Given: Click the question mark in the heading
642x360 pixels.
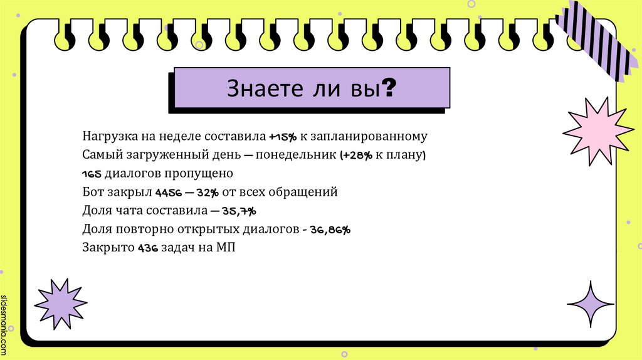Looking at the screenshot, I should coord(389,88).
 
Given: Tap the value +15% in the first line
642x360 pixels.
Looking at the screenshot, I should coord(283,136).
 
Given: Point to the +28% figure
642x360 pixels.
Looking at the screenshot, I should coord(358,155).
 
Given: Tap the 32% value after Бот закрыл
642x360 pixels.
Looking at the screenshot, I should coord(207,193).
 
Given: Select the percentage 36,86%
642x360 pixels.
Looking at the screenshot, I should coord(330,230).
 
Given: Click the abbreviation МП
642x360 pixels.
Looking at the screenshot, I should coord(225,247).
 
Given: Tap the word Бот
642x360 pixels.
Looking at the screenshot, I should coord(92,192).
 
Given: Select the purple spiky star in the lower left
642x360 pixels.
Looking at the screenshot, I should coord(60,303).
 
